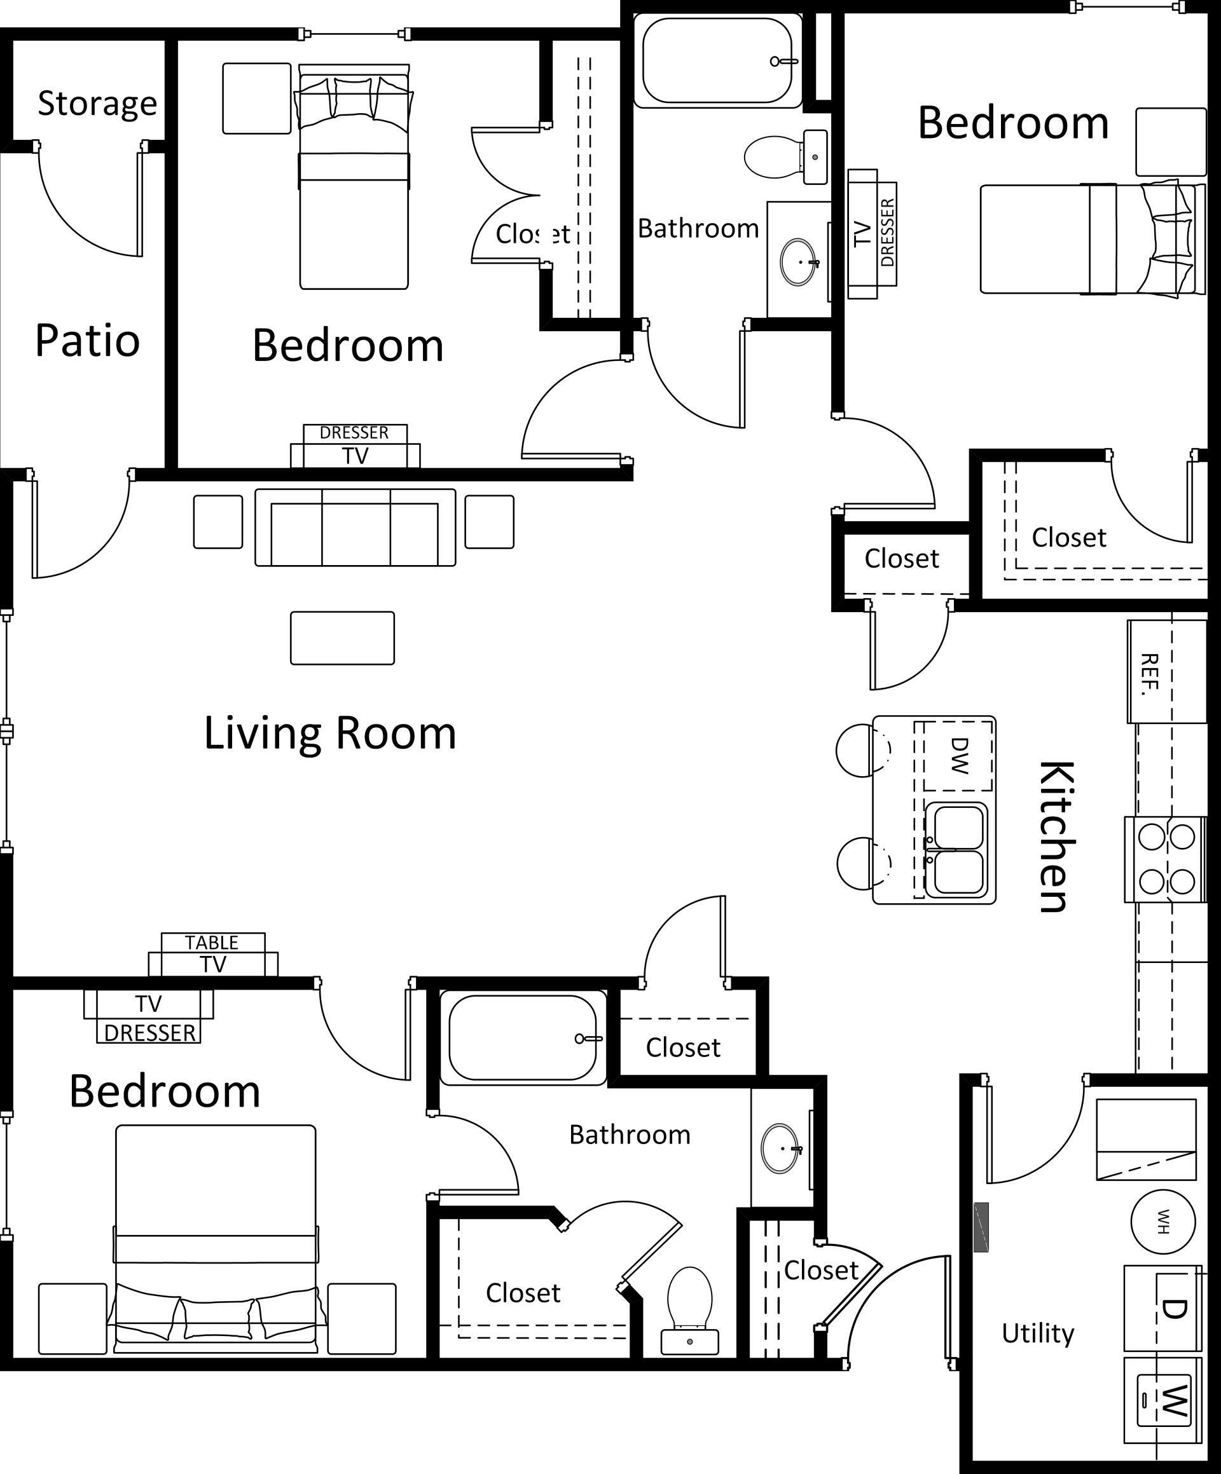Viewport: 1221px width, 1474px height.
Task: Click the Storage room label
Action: pyautogui.click(x=97, y=104)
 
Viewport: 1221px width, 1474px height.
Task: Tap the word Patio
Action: pyautogui.click(x=87, y=341)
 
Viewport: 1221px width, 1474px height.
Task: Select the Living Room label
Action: pyautogui.click(x=330, y=733)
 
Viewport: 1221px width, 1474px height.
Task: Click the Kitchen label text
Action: pyautogui.click(x=1055, y=836)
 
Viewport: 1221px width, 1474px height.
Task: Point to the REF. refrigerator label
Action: pyautogui.click(x=1149, y=673)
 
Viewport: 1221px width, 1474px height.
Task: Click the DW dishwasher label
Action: pyautogui.click(x=958, y=755)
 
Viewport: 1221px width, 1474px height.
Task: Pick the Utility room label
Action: pyautogui.click(x=1037, y=1333)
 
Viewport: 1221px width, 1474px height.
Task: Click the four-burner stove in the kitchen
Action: pyautogui.click(x=1166, y=859)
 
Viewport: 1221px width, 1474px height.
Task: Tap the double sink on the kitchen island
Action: pyautogui.click(x=957, y=850)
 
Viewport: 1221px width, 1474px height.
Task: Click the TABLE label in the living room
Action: pyautogui.click(x=212, y=943)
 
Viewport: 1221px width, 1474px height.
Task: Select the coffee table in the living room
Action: pyautogui.click(x=342, y=638)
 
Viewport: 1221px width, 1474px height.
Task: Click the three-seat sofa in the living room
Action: pyautogui.click(x=355, y=528)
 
